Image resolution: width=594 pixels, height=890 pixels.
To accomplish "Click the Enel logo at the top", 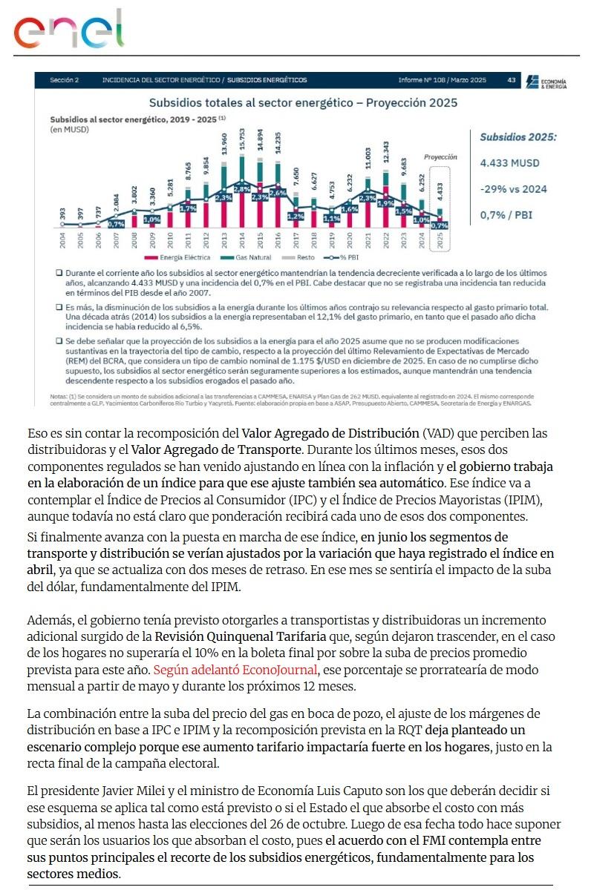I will (68, 30).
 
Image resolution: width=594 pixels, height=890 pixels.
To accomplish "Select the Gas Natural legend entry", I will (250, 257).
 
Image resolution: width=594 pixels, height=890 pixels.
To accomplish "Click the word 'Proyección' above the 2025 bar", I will (440, 158).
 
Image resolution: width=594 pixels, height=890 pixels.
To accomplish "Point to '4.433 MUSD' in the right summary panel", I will (509, 163).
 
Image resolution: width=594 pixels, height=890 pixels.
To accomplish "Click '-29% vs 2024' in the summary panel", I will (513, 189).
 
